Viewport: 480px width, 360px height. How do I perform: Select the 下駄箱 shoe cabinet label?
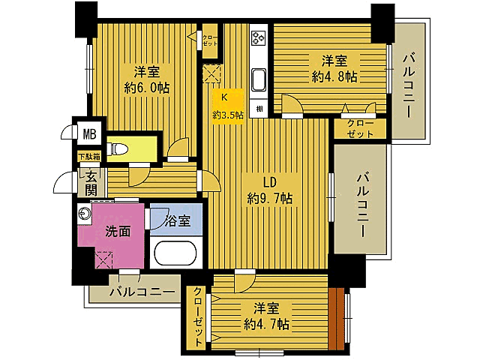(x=89, y=157)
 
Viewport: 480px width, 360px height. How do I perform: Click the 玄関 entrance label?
(x=91, y=182)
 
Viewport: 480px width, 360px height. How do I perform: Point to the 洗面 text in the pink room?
(x=118, y=232)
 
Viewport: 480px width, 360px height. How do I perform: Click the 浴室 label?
(x=178, y=222)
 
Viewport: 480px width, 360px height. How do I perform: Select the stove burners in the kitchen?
(x=259, y=37)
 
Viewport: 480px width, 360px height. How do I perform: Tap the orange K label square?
(x=223, y=96)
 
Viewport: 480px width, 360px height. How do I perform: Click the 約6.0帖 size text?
(x=147, y=88)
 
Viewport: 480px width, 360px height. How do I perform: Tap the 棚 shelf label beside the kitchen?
(x=258, y=109)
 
